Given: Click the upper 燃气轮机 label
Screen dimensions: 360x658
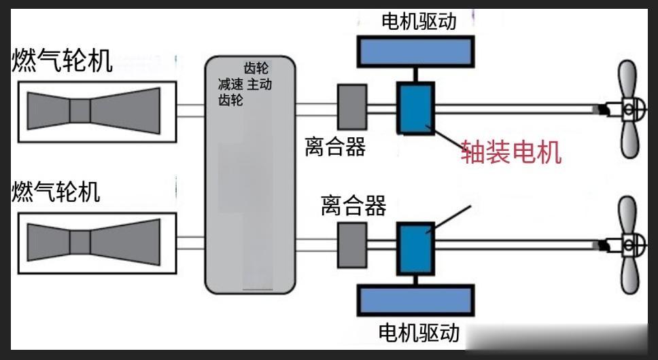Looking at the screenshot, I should point(61,60).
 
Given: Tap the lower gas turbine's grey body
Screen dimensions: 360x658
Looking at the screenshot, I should point(94,241).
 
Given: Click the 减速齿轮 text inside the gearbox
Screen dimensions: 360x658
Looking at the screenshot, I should point(227,92).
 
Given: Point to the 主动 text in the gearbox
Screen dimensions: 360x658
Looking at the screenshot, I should point(259,84).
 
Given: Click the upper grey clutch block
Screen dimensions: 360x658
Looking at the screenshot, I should point(351,105).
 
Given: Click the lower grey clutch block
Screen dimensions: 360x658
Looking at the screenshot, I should point(351,242).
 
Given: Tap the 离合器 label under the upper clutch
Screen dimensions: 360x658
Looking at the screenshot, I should point(335,145).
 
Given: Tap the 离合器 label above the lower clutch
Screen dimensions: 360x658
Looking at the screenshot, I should point(353,204).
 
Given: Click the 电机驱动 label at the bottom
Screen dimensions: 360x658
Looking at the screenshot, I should point(419,333).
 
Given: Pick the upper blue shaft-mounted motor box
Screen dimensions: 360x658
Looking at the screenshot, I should point(415,107).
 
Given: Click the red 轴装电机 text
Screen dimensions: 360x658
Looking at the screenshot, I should point(511,152).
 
